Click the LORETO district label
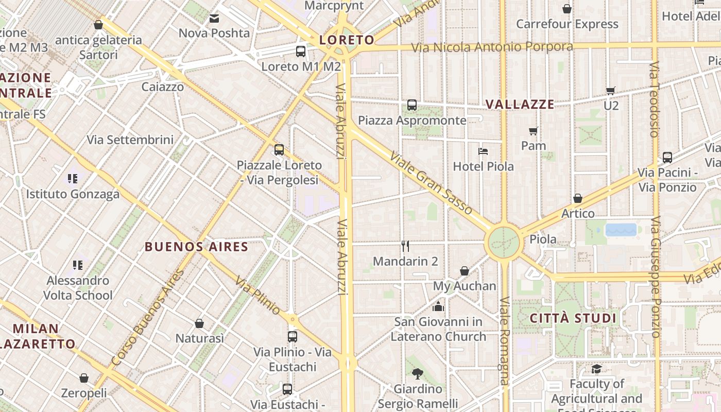point(347,40)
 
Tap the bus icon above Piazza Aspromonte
point(412,105)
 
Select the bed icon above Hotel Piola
point(483,151)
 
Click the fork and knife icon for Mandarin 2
point(405,246)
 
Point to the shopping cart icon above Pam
point(534,131)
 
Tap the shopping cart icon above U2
point(611,91)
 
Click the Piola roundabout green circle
point(504,242)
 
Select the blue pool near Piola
point(621,230)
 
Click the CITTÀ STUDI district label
point(573,318)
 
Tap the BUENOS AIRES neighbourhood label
point(197,247)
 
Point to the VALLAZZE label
point(520,105)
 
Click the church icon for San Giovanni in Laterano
point(439,307)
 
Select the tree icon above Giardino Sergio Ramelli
point(418,373)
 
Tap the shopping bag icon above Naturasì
point(199,323)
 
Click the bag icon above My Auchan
point(465,271)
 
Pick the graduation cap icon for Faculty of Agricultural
point(596,369)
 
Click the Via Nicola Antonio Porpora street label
point(492,47)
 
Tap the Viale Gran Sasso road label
point(431,183)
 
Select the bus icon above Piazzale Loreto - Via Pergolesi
point(279,150)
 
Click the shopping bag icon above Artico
point(578,198)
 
